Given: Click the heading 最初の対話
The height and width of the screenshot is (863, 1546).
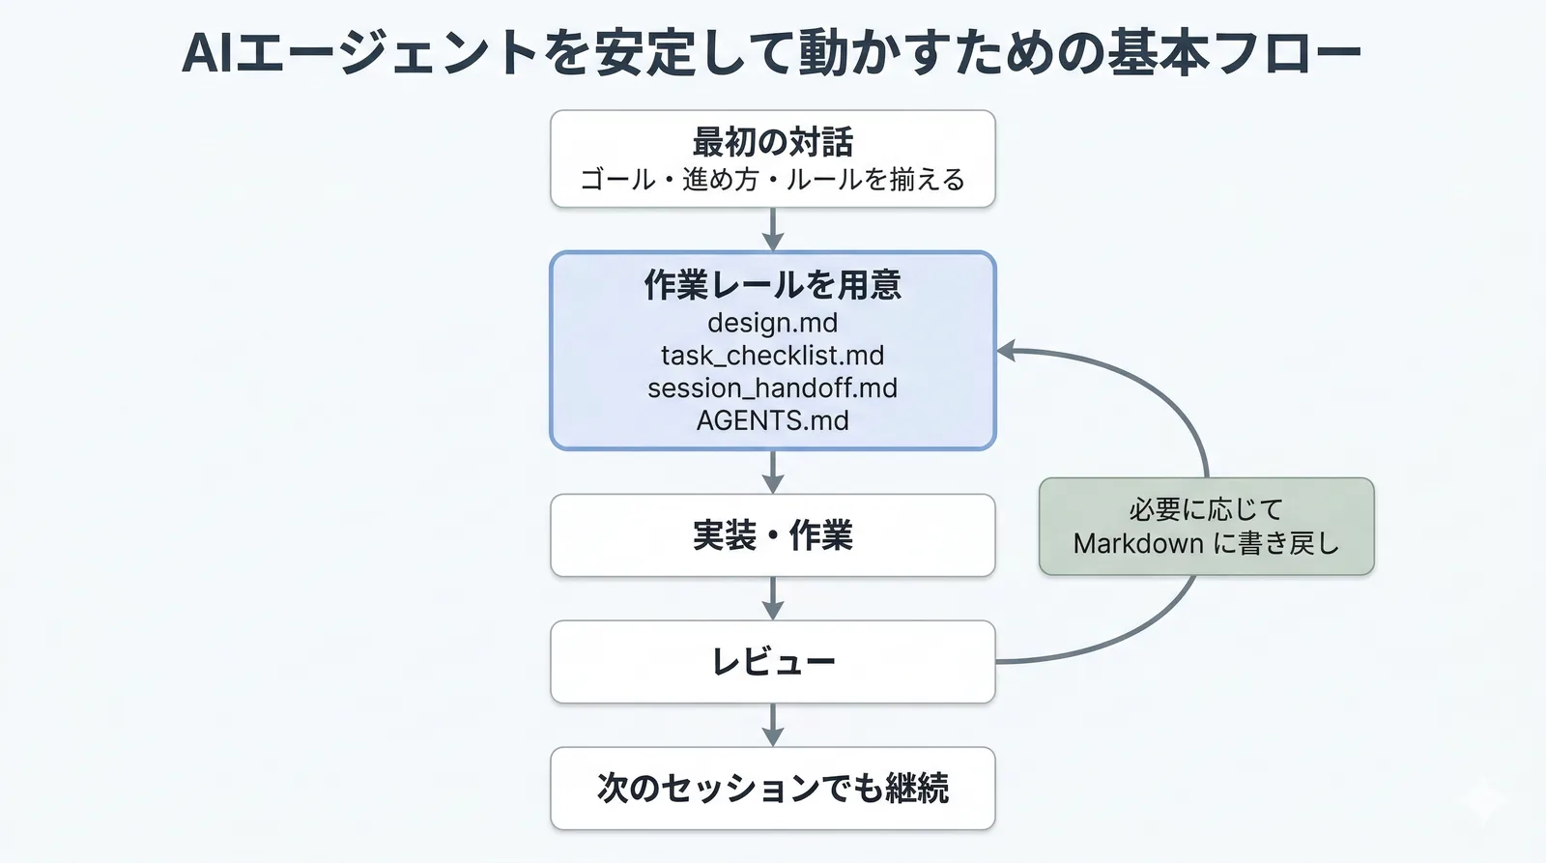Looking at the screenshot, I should (772, 142).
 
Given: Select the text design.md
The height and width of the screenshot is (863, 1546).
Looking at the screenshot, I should (772, 323).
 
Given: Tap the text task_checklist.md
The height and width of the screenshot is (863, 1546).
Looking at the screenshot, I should (772, 356).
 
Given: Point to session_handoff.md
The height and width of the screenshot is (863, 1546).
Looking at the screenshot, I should (772, 388).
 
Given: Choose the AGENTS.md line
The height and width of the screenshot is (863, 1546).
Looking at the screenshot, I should (772, 421).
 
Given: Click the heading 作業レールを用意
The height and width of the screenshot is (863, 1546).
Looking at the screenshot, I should (772, 285).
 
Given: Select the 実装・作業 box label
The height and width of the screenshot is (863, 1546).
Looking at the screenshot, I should (772, 535).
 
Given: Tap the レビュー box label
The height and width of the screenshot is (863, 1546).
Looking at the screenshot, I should (772, 662).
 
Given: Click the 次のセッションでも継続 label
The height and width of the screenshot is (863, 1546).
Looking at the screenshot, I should (772, 789).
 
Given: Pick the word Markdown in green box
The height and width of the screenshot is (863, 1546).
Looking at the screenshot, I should (1138, 544).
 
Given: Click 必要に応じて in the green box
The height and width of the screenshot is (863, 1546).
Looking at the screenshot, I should (1206, 509).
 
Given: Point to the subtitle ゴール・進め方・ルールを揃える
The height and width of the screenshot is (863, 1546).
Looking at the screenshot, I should (772, 180).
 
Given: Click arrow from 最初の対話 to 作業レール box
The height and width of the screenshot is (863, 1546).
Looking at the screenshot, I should (772, 230).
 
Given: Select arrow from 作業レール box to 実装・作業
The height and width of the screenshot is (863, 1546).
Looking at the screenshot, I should (772, 473).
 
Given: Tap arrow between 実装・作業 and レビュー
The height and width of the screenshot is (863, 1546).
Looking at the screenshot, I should (772, 599).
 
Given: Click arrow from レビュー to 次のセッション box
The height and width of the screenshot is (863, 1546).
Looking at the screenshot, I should (772, 726).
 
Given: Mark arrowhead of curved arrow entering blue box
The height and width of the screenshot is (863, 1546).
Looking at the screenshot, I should (1007, 351).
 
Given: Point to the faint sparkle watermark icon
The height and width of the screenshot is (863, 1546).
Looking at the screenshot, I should (1482, 801).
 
